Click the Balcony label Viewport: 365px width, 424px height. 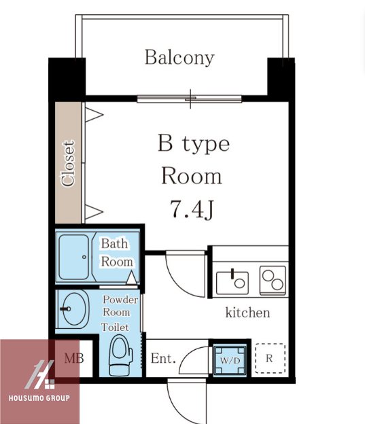(x=179, y=58)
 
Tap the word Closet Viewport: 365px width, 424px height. (x=68, y=163)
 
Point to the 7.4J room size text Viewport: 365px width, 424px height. (x=192, y=209)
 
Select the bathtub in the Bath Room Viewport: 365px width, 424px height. (x=73, y=257)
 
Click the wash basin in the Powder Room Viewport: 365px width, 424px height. (x=73, y=308)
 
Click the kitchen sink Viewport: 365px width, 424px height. (x=232, y=283)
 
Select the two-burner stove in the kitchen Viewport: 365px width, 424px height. (x=273, y=281)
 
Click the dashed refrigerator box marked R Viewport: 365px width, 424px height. (x=270, y=358)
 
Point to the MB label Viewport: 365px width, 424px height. (x=74, y=359)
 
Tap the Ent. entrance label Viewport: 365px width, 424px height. (x=163, y=359)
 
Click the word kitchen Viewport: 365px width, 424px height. (x=247, y=313)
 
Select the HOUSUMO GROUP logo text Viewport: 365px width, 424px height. (x=39, y=398)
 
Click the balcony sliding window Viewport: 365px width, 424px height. (x=190, y=99)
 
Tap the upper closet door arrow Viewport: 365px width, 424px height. (x=94, y=115)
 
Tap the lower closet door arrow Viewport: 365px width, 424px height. (x=94, y=212)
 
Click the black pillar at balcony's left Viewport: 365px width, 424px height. (x=67, y=79)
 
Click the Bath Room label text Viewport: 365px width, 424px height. (x=117, y=253)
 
